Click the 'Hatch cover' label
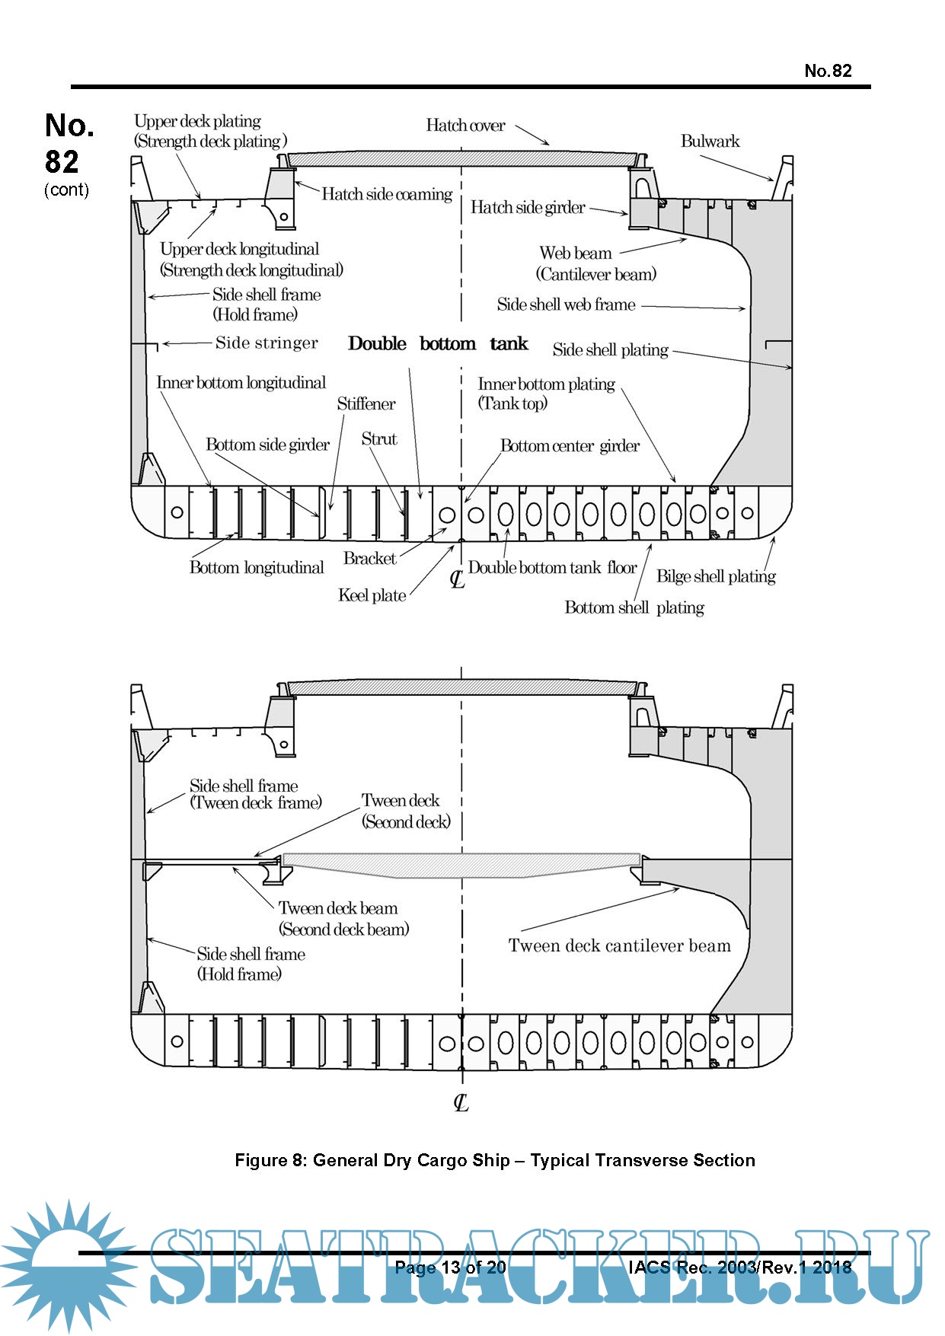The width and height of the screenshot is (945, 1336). click(x=465, y=126)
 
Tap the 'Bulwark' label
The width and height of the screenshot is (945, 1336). click(x=710, y=141)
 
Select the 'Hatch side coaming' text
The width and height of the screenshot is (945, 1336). click(x=387, y=194)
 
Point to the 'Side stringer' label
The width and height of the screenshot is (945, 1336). click(x=267, y=343)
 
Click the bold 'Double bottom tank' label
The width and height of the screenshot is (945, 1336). click(x=438, y=344)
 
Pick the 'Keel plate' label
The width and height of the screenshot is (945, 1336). click(x=372, y=595)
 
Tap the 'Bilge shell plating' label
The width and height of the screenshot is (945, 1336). click(x=716, y=576)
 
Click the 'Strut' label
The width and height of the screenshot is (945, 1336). click(x=379, y=438)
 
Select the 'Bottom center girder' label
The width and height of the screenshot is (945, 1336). click(x=570, y=446)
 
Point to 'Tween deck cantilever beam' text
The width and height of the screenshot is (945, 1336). click(x=619, y=945)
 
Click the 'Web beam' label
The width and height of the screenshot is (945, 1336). click(x=576, y=253)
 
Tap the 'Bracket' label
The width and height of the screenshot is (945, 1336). click(x=369, y=558)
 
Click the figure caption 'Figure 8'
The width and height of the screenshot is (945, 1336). click(x=495, y=1160)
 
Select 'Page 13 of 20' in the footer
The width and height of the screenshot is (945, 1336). click(x=450, y=1267)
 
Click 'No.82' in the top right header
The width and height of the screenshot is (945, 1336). click(x=828, y=71)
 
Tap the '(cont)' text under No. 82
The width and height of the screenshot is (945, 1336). click(x=66, y=190)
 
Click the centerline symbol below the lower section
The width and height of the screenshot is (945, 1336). click(x=461, y=1102)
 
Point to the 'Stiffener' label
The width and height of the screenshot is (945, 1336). click(x=366, y=404)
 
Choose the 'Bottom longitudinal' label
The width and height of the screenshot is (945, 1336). click(x=257, y=568)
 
